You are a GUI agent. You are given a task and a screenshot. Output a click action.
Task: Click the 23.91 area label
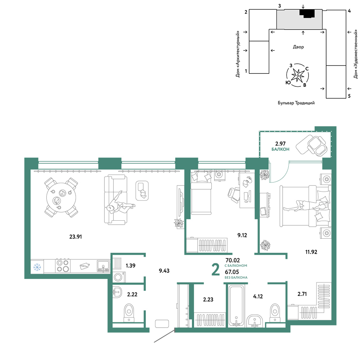point(76,237)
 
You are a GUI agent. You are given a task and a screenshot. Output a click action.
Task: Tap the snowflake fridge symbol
point(37,267)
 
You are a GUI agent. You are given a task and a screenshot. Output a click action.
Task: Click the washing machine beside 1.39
point(119,276)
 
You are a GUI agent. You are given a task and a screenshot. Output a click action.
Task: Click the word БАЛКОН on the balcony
point(280,149)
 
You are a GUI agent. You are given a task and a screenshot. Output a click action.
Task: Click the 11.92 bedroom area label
point(311,252)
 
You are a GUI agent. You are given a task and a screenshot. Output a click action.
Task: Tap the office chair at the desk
point(234,195)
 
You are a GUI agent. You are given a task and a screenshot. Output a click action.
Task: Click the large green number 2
point(216,270)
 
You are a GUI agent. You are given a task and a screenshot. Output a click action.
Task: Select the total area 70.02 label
point(233,260)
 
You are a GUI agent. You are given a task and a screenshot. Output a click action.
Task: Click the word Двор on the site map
point(298,47)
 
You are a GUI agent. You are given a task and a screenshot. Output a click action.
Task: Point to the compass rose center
point(298,76)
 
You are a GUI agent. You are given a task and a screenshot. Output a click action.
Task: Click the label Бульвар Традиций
point(296,103)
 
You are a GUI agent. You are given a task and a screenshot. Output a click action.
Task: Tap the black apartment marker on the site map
point(307,13)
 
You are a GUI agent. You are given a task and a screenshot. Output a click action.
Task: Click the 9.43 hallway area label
point(164,271)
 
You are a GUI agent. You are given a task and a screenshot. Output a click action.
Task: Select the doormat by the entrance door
point(162,324)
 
